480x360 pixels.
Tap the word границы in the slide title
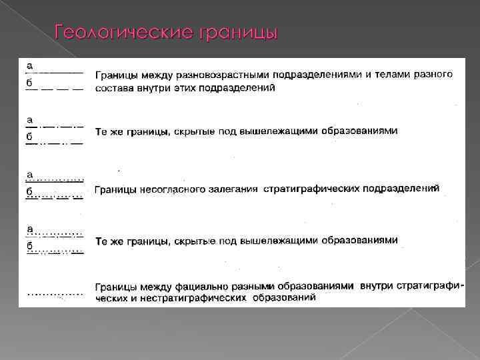click(x=237, y=33)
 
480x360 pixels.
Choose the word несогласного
click(x=174, y=190)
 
